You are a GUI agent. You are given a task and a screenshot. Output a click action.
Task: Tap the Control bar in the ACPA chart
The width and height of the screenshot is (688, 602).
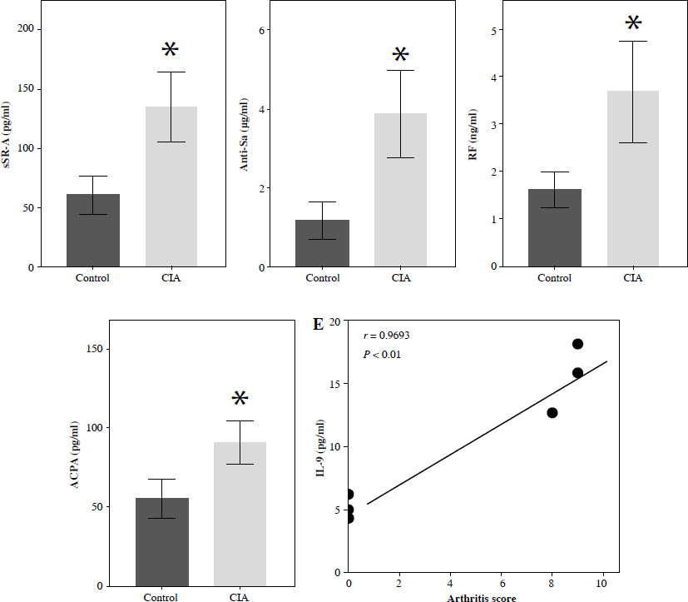[x=162, y=541]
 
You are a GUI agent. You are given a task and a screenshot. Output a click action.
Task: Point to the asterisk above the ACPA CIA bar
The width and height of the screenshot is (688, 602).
[x=240, y=400]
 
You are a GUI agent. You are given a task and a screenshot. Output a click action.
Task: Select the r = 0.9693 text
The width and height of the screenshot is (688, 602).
[x=387, y=336]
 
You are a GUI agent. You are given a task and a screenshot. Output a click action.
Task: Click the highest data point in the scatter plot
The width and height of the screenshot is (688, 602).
[x=577, y=344]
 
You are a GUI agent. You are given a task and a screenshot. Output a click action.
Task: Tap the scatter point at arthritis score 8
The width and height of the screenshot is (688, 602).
[x=552, y=412]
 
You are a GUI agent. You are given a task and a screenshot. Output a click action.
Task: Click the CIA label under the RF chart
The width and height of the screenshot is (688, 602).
[x=632, y=277]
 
